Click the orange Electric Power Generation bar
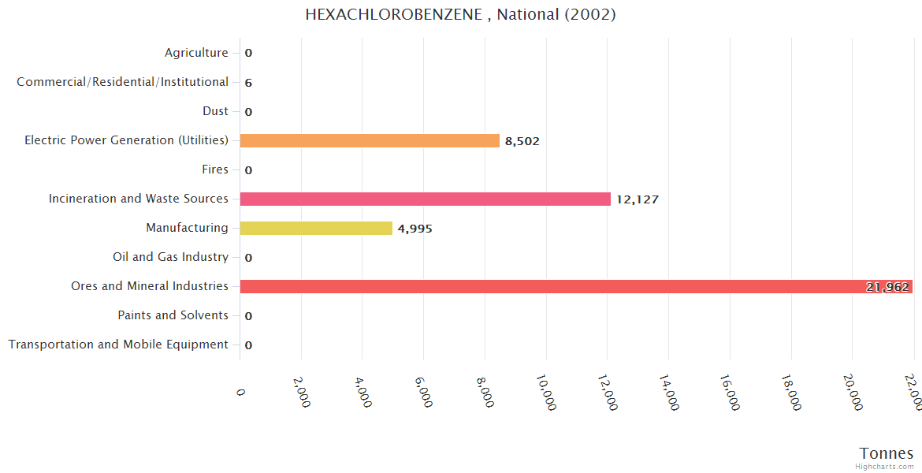point(370,140)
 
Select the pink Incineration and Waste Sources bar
point(426,199)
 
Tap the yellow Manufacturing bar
point(316,228)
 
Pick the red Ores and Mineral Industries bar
point(552,286)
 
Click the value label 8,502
point(522,141)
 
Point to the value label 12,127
point(638,199)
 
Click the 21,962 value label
point(887,287)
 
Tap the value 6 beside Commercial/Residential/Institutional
point(248,83)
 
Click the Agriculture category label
point(196,53)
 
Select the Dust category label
point(215,111)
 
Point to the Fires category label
point(215,169)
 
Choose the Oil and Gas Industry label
point(170,257)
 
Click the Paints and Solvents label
point(173,315)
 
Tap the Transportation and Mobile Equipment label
point(118,345)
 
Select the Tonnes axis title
point(887,453)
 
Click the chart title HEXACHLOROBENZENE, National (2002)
point(461,14)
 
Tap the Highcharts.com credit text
point(886,467)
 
